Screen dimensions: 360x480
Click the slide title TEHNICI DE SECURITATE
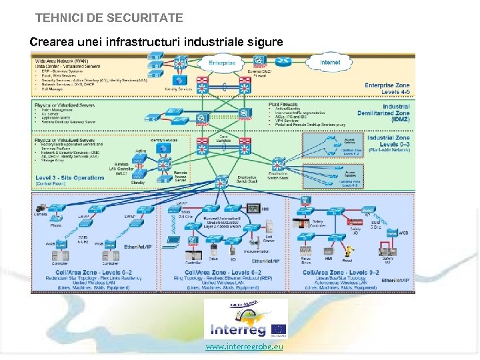(109, 18)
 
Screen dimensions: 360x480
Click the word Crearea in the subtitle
(51, 42)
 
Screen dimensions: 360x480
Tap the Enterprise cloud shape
(221, 63)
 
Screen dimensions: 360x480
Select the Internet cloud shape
(330, 63)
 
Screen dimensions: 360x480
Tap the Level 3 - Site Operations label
(70, 178)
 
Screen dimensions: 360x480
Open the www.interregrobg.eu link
(245, 347)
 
